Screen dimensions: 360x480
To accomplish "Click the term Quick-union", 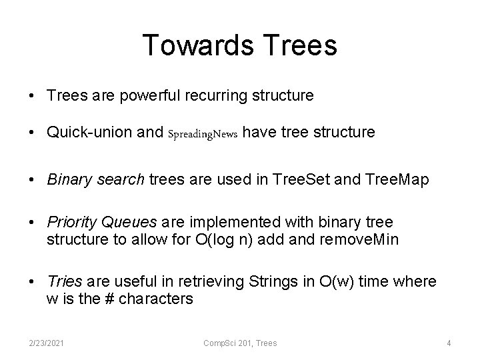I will [x=87, y=133].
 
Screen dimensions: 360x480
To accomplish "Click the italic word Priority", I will [x=71, y=221].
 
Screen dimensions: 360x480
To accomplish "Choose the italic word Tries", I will [x=63, y=282].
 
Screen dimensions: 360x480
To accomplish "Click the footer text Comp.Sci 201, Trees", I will [x=239, y=343].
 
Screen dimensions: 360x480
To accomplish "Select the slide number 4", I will [x=449, y=343].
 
